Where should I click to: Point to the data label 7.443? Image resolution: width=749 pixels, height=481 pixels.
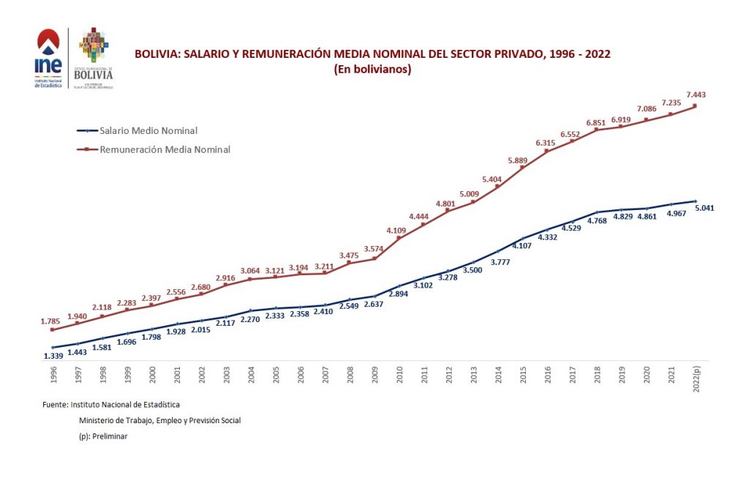coord(695,94)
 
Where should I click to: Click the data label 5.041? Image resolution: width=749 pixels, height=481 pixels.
coord(703,208)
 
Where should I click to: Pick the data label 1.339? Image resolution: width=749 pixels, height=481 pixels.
coord(54,356)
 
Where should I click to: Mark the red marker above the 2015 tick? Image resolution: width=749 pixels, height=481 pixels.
coord(522,168)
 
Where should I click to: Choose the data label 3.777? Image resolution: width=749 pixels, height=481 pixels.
coord(500,261)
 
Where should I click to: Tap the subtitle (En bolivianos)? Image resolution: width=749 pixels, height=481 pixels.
coord(372,70)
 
